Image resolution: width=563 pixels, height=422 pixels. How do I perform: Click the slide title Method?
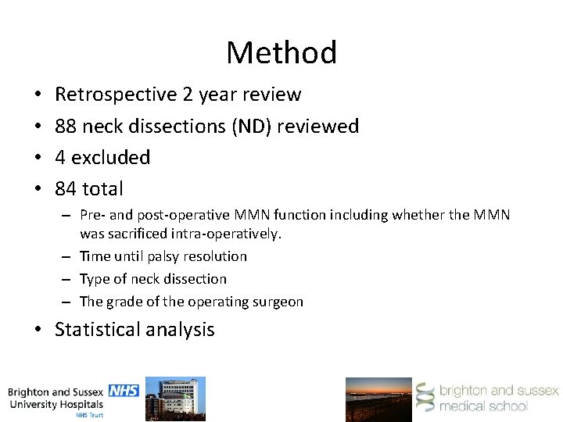[x=281, y=53]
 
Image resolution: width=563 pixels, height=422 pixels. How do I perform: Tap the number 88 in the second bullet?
[x=66, y=126]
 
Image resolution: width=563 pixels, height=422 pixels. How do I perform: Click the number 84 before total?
[x=66, y=188]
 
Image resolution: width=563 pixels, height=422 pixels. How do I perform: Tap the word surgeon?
[x=277, y=301]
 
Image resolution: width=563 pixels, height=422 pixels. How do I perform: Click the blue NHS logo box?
[x=123, y=390]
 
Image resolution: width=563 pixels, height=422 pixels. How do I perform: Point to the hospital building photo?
[x=176, y=399]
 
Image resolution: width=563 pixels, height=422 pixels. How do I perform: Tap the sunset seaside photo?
[x=378, y=399]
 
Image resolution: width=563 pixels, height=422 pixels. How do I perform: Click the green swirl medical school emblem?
[x=425, y=398]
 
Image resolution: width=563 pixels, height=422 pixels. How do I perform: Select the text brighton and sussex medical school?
[x=498, y=398]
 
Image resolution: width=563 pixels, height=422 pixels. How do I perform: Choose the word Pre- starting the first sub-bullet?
[x=92, y=216]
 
